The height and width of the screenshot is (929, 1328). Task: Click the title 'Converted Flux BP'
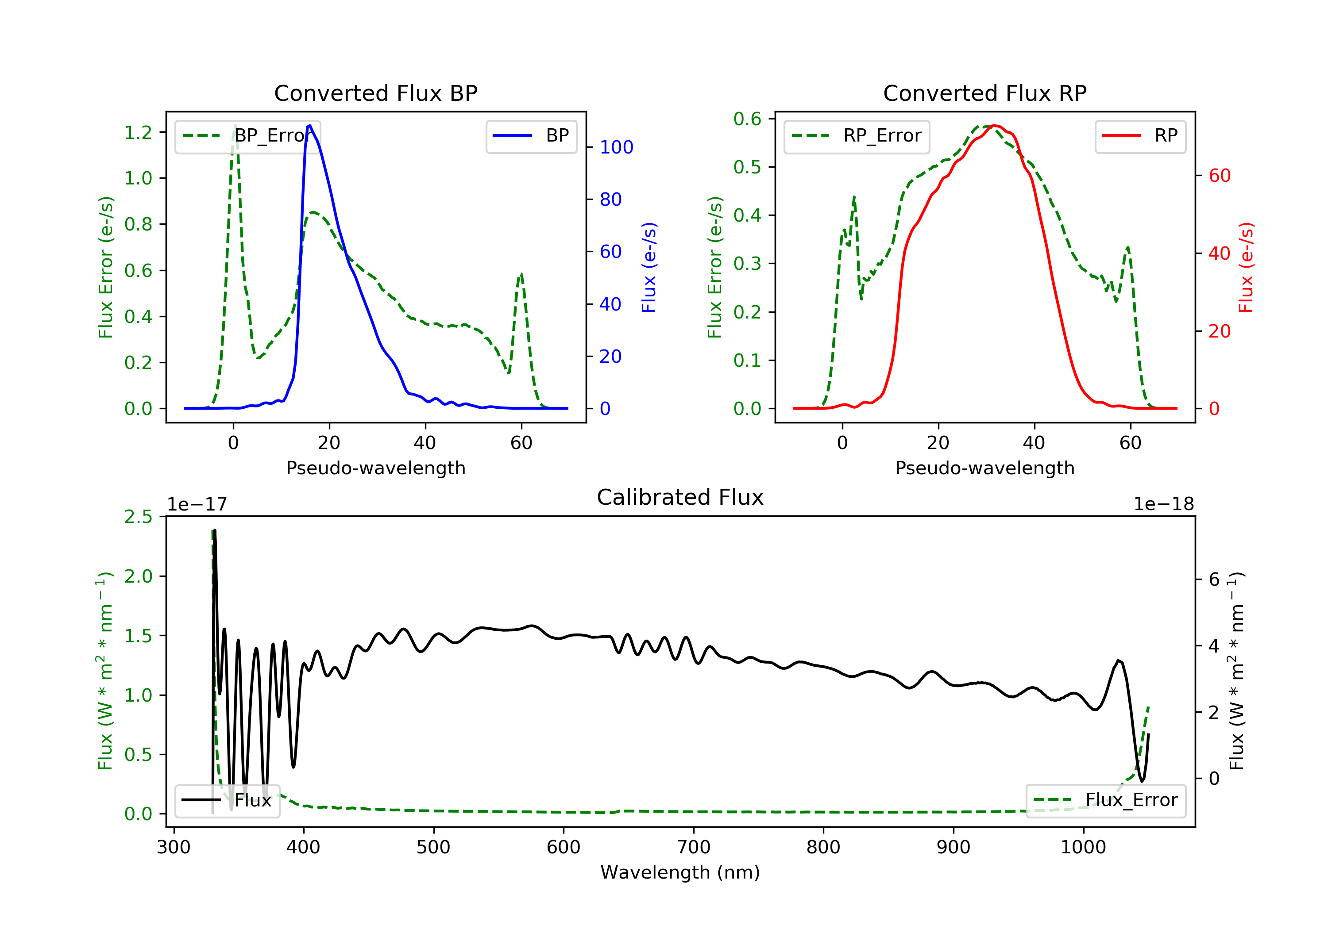[x=376, y=93]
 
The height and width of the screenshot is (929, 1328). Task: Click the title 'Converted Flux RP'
[x=985, y=93]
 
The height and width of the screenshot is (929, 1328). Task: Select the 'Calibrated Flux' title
[x=680, y=497]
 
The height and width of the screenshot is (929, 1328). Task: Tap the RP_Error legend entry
[x=857, y=136]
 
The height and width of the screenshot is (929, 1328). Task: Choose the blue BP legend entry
[x=531, y=136]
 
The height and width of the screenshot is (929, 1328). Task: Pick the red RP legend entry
[x=1140, y=136]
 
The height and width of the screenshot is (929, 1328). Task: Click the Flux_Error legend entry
[x=1105, y=800]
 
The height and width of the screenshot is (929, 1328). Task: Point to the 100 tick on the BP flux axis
[x=617, y=147]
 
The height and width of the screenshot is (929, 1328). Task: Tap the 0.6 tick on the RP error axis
[x=747, y=119]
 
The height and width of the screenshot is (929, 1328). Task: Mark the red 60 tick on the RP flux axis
[x=1220, y=176]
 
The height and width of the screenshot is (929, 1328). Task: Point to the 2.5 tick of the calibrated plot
[x=138, y=516]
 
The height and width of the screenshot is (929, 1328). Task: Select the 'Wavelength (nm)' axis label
[x=680, y=872]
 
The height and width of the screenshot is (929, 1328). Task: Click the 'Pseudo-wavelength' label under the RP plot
[x=985, y=468]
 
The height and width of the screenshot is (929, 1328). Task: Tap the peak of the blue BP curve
[x=310, y=126]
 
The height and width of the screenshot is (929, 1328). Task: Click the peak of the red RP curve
[x=994, y=126]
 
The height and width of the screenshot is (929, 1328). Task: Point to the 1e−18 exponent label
[x=1164, y=504]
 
